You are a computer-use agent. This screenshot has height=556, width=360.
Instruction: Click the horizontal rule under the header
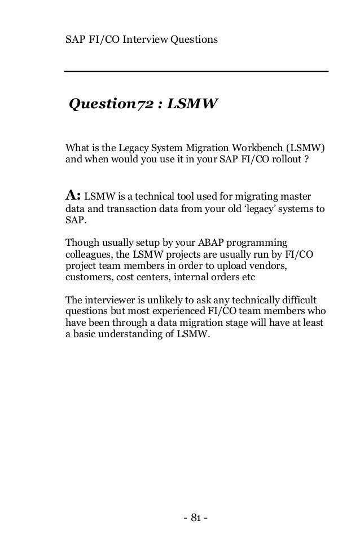pos(196,72)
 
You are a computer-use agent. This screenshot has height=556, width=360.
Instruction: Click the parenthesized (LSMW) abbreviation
pos(308,148)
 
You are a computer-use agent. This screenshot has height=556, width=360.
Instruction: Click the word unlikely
pos(166,299)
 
